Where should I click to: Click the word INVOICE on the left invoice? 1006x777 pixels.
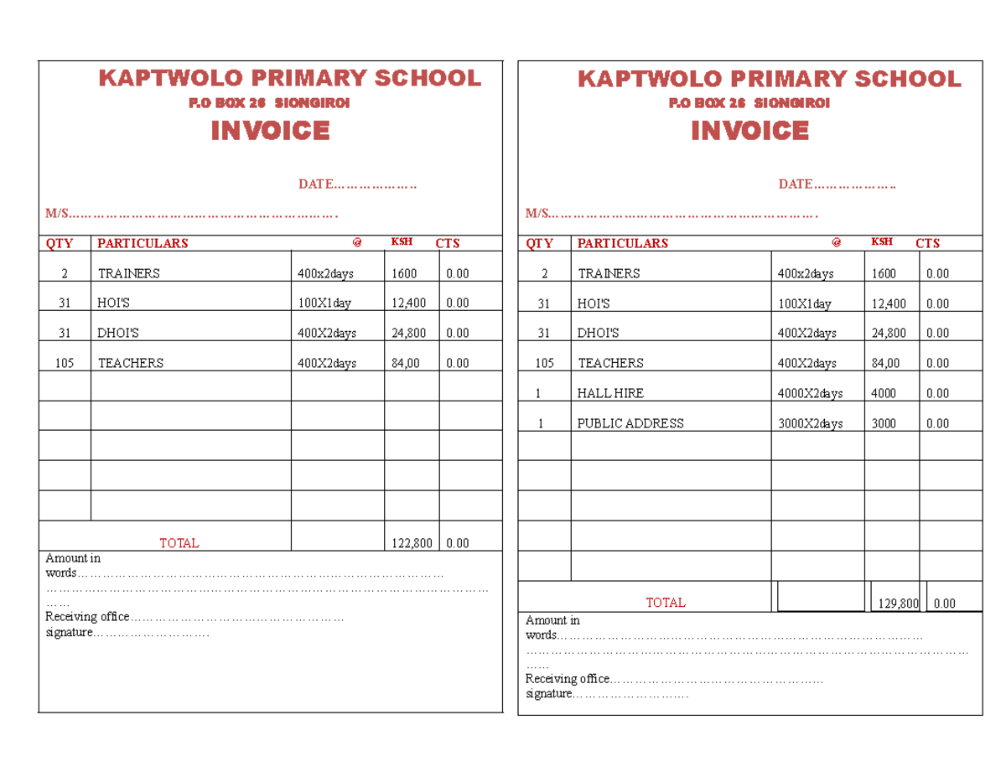[x=270, y=131]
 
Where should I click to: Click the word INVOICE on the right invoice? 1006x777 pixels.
[x=749, y=131]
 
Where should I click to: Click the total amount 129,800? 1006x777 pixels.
[x=898, y=603]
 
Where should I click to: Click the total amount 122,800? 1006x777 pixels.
[x=412, y=543]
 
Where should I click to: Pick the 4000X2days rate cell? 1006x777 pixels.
[x=810, y=393]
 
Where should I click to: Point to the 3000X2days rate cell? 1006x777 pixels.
[x=810, y=423]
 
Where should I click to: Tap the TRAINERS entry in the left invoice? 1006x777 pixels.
[x=128, y=273]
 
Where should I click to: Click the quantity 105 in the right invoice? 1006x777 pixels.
[x=544, y=363]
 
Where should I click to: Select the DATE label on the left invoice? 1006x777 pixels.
[x=315, y=184]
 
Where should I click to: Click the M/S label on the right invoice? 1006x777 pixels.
[x=537, y=213]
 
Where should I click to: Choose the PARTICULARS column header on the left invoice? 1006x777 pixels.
[x=143, y=243]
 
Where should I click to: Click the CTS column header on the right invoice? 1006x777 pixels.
[x=927, y=243]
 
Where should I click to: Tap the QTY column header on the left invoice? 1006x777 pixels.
[x=60, y=243]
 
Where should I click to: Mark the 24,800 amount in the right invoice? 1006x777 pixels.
[x=889, y=333]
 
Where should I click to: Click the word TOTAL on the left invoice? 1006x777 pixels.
[x=179, y=543]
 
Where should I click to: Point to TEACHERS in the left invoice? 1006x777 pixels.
[x=131, y=363]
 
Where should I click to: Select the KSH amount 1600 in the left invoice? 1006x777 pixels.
[x=404, y=273]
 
